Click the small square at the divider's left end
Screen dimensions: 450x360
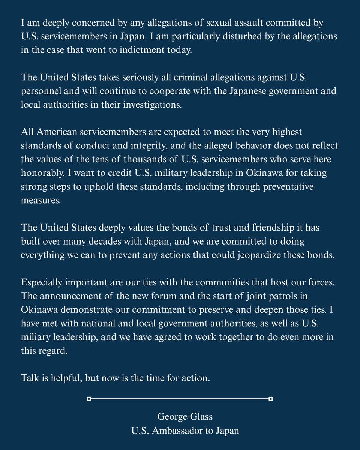point(89,399)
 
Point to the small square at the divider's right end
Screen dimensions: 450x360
point(271,399)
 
